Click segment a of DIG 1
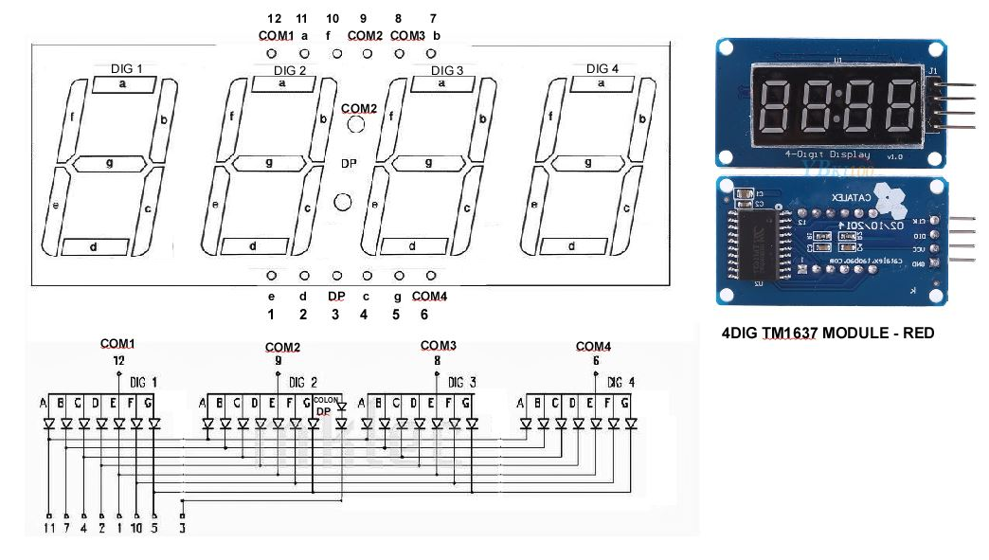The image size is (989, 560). pos(122,84)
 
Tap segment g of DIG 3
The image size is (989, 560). pos(428,163)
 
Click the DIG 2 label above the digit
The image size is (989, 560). pos(290,70)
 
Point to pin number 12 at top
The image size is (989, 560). pos(274,18)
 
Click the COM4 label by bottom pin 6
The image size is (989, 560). pos(429,296)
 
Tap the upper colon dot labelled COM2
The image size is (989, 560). pos(355,125)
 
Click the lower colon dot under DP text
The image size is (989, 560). pos(343,201)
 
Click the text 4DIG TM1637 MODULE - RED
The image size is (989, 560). pos(828,334)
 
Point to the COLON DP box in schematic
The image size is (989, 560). pos(327,405)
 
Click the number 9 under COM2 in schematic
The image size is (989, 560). pos(278,360)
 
